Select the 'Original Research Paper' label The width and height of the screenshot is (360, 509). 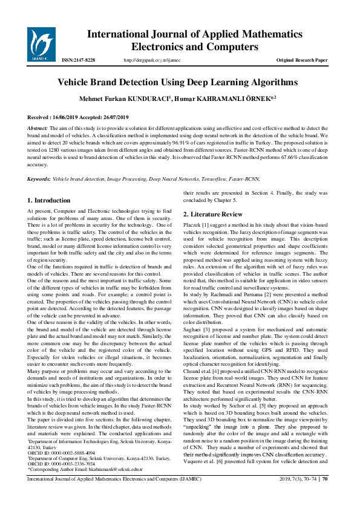pos(302,60)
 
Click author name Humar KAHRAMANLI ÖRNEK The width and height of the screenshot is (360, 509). pos(224,98)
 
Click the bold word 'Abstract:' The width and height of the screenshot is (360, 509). pos(39,129)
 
